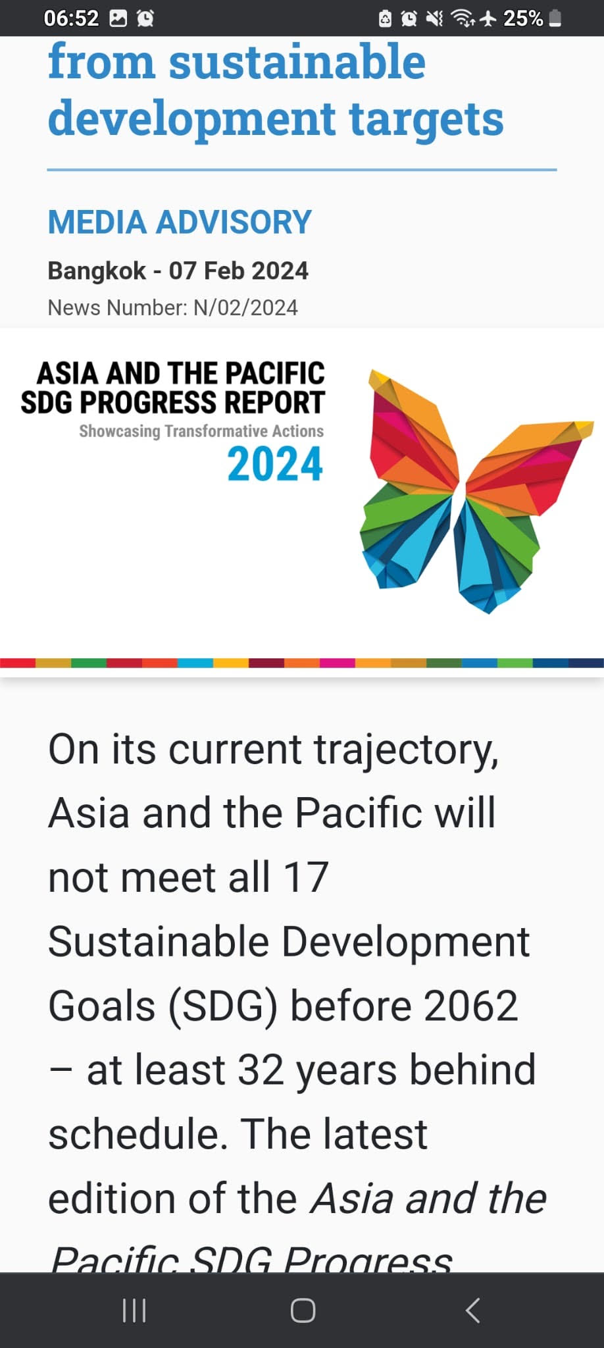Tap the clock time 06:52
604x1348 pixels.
point(71,18)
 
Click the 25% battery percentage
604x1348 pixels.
point(523,18)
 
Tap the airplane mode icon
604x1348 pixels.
point(488,18)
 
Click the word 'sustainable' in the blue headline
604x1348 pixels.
point(297,62)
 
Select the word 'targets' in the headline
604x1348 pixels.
point(426,119)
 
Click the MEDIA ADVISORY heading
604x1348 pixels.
point(180,222)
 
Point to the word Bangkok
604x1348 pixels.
point(97,271)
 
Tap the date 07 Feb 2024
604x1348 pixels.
point(239,271)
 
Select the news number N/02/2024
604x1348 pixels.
point(245,307)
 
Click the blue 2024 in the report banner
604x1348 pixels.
point(275,464)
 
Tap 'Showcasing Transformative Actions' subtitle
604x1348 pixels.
point(201,431)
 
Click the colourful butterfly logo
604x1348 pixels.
point(475,490)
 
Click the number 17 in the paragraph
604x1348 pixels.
point(306,877)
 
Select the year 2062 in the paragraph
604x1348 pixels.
point(470,1006)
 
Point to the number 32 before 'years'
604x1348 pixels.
point(261,1070)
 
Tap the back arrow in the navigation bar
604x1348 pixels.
point(473,1310)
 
